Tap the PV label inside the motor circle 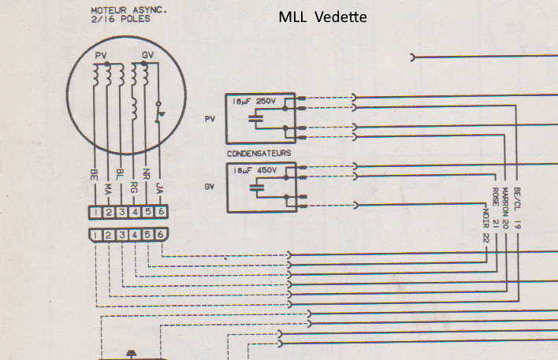click(100, 56)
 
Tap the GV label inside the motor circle click(147, 56)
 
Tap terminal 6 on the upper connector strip click(161, 212)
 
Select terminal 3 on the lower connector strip click(121, 236)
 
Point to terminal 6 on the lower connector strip click(161, 236)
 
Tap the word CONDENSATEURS click(259, 153)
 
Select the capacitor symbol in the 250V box click(255, 119)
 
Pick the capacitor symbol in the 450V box click(255, 188)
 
